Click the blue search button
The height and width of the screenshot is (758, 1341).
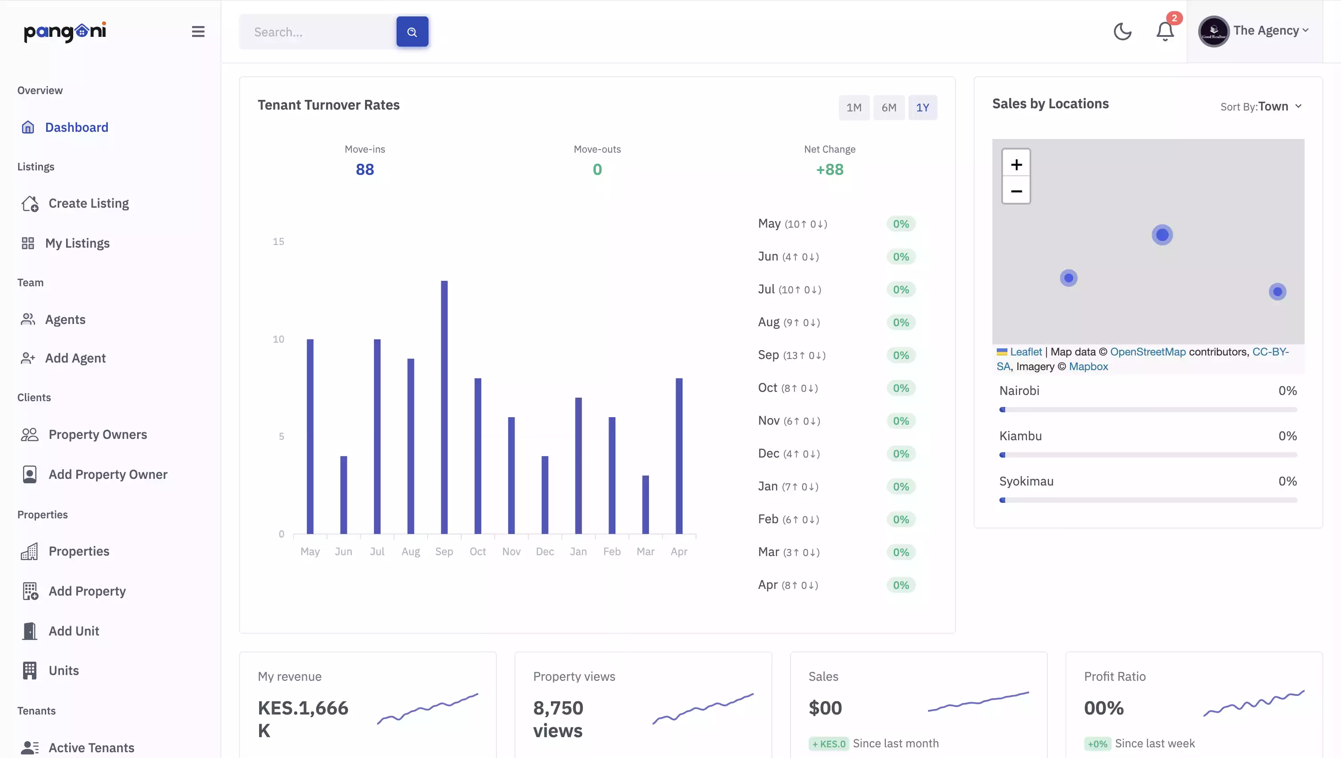(x=412, y=32)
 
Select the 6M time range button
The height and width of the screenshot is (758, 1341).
(x=889, y=107)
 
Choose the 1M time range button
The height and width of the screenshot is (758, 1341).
(x=854, y=107)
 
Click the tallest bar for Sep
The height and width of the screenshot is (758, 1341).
(x=444, y=407)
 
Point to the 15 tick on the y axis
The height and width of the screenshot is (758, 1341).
(x=279, y=242)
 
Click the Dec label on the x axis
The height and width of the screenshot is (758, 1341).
(x=545, y=551)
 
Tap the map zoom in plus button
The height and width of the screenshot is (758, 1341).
(x=1016, y=165)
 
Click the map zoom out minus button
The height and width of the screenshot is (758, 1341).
(x=1016, y=191)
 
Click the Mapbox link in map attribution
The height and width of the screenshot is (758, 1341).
(x=1088, y=366)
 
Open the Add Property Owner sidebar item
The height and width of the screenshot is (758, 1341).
(x=108, y=474)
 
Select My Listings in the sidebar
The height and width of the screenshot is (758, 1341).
(x=77, y=243)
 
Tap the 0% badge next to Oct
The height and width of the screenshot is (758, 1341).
(x=901, y=388)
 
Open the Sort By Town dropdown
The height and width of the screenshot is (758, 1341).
(x=1261, y=106)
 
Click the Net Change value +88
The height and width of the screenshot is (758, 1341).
(x=829, y=170)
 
